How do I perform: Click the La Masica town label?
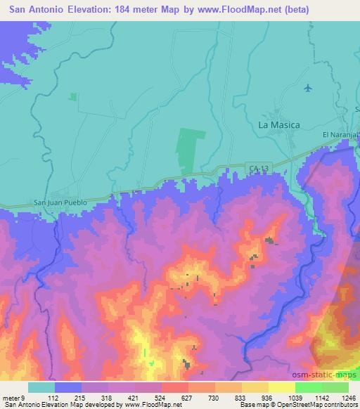[279, 124]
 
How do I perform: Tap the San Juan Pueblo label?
[61, 202]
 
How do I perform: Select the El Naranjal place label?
[340, 134]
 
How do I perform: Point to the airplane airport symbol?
[308, 88]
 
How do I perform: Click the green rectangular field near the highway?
[191, 151]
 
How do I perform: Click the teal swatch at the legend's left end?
[41, 387]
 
